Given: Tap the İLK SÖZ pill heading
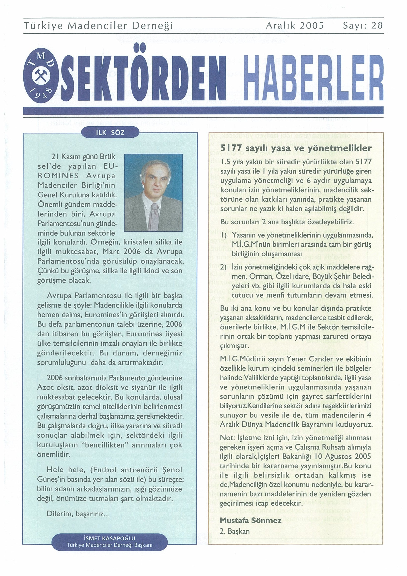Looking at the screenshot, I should (x=110, y=132).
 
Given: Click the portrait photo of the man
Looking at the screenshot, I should (x=153, y=192).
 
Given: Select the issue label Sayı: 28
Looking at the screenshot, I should (x=362, y=26).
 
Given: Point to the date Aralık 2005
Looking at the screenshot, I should (x=295, y=26).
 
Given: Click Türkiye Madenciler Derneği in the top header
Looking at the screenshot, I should (x=98, y=26).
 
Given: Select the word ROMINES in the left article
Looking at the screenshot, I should (x=58, y=176).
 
